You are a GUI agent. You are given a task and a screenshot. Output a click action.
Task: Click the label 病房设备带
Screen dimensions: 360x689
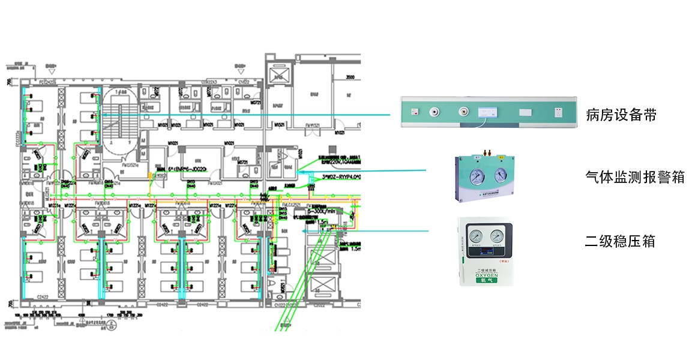(x=621, y=115)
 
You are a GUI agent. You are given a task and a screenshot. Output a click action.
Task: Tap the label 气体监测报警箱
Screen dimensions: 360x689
(x=635, y=178)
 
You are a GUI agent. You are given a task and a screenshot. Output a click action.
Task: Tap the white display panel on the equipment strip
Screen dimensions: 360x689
(x=487, y=111)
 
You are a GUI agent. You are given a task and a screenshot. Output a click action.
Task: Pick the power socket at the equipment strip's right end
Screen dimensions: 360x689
(x=559, y=111)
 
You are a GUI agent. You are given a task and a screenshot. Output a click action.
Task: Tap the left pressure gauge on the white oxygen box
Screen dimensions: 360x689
(x=475, y=236)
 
